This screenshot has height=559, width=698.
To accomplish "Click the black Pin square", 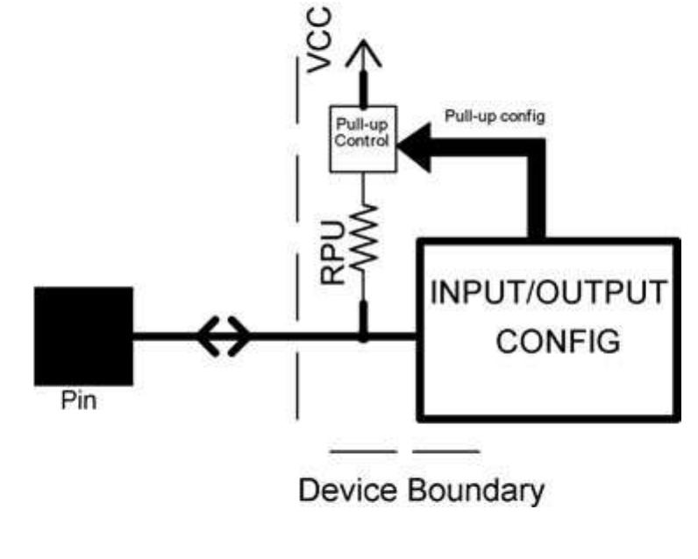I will [x=83, y=336].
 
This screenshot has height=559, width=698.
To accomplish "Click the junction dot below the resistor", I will [x=361, y=335].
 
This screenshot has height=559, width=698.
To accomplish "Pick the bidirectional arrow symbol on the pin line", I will [x=224, y=336].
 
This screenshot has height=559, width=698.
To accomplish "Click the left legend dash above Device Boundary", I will [x=363, y=452].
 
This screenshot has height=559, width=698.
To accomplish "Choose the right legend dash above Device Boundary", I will [x=447, y=452].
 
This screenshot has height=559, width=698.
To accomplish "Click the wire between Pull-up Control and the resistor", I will [x=361, y=187].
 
